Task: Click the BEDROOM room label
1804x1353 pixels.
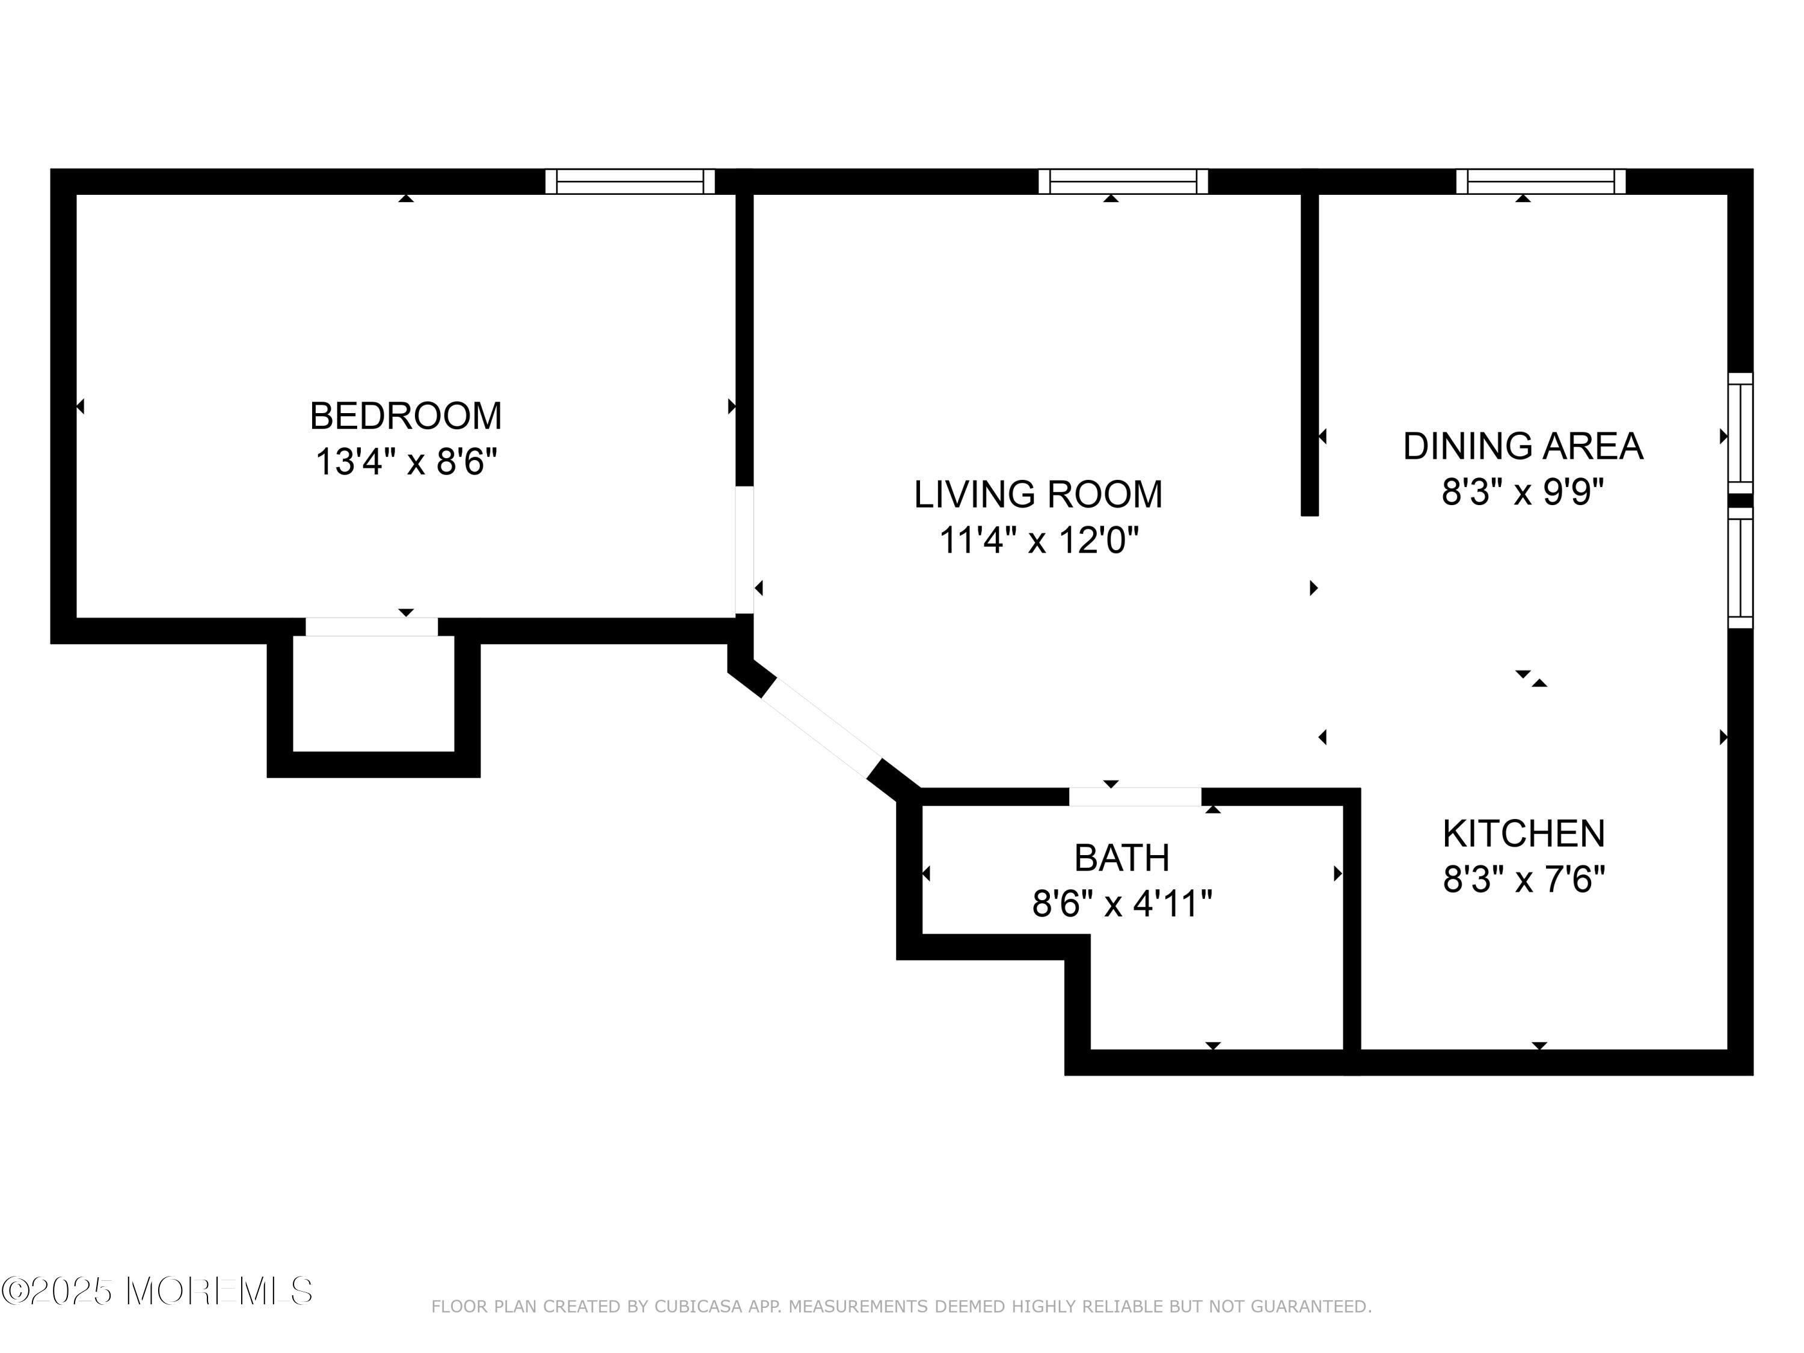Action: click(405, 416)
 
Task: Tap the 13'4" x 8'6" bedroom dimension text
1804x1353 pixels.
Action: click(405, 462)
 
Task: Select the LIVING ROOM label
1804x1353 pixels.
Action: click(1037, 494)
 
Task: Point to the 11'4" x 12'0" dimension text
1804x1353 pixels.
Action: click(1037, 541)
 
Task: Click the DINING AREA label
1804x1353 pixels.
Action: click(1523, 446)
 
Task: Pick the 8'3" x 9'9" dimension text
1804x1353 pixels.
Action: click(1523, 492)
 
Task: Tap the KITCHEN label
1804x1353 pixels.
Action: click(1523, 833)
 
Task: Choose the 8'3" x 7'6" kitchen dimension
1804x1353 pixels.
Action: click(1523, 880)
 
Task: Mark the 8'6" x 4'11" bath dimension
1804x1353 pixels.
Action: click(1121, 904)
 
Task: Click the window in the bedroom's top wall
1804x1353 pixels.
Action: click(630, 181)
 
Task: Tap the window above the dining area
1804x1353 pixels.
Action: click(1540, 181)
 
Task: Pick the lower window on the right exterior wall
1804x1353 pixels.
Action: click(1740, 568)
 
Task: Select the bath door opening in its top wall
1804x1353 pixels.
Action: click(1135, 797)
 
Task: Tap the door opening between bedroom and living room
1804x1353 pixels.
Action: click(744, 550)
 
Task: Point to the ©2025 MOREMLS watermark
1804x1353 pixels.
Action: click(156, 1291)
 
